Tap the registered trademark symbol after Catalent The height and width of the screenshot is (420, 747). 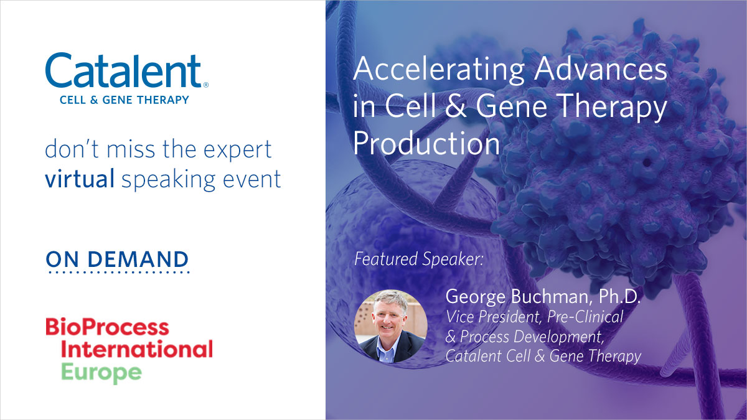206,85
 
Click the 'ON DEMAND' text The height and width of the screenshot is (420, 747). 117,259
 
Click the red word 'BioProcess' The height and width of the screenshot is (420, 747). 106,327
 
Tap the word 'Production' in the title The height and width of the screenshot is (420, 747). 426,144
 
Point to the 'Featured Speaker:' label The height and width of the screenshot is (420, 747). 418,258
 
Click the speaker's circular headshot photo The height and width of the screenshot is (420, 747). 390,326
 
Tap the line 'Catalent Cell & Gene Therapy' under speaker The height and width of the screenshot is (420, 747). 543,356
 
